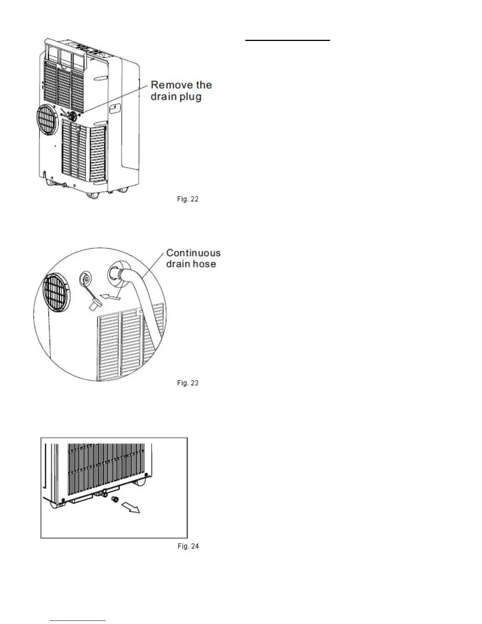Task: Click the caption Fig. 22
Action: click(187, 199)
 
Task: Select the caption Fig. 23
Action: click(187, 383)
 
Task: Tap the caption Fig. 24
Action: click(188, 546)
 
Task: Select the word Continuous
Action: click(193, 253)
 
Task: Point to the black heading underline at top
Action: click(287, 40)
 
